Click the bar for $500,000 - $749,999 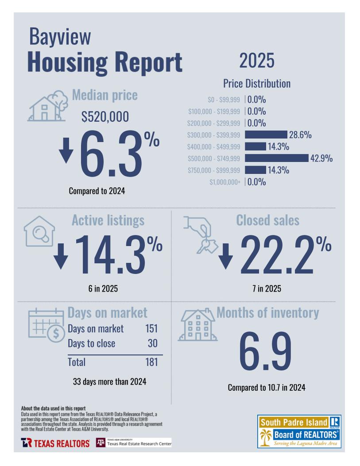276,158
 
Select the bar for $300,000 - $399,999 266,135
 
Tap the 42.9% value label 321,158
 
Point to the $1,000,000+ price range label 225,182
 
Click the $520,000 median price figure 105,117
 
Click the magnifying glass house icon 39,231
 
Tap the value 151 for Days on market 151,329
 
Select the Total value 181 151,362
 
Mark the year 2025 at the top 257,60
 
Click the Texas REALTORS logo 55,443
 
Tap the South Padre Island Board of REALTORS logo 299,431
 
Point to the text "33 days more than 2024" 109,381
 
